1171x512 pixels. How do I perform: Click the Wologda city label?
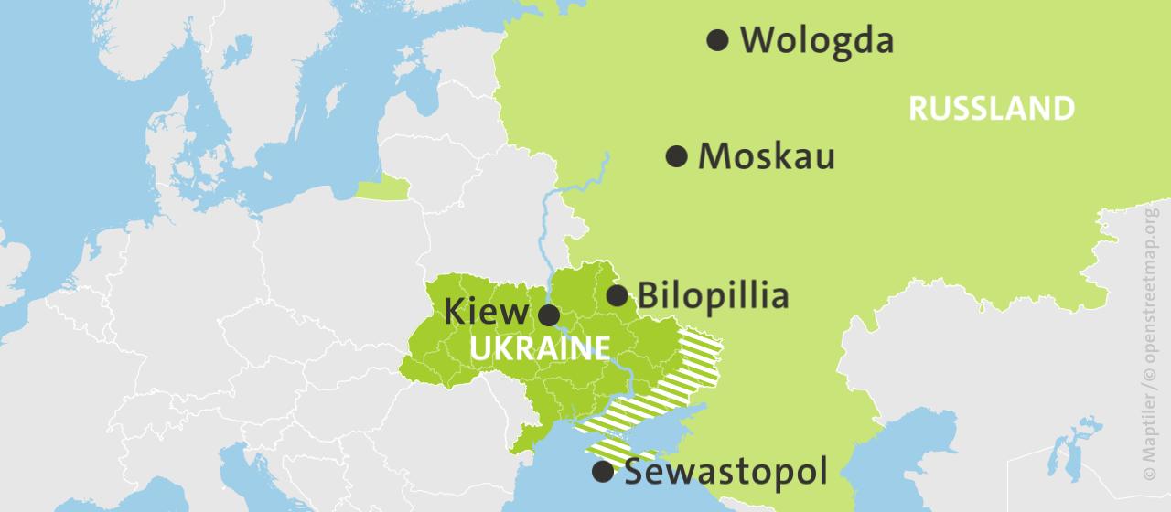[x=816, y=41]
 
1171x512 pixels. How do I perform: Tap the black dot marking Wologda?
[x=718, y=39]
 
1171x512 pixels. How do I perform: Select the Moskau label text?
[x=766, y=156]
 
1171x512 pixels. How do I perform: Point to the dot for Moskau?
[x=676, y=156]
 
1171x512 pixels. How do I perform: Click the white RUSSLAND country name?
[x=991, y=109]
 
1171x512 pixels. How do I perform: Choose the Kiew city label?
[x=487, y=313]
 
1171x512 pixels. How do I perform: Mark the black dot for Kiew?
[x=549, y=316]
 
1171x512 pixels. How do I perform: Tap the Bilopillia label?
[x=712, y=295]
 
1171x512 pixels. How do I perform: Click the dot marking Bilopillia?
[x=618, y=295]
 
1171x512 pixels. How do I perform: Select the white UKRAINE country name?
[x=540, y=348]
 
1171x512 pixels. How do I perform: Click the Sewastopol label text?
[x=725, y=472]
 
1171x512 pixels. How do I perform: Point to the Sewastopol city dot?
[x=603, y=472]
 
